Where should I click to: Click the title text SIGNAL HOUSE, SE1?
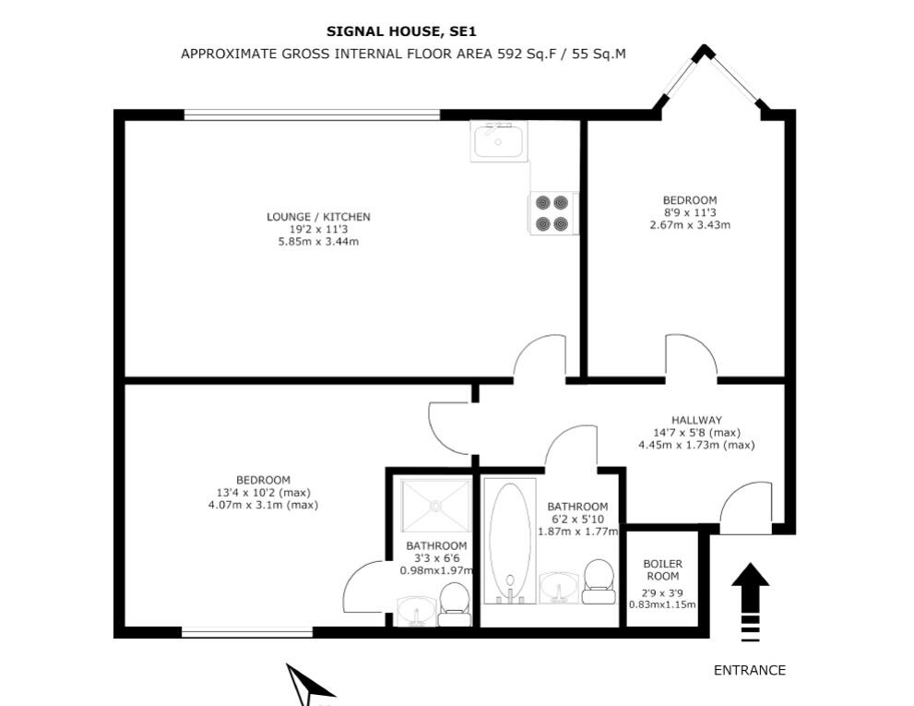[x=401, y=31]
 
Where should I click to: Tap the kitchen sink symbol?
[x=498, y=141]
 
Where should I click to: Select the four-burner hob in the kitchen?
[x=552, y=213]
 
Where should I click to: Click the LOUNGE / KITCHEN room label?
[x=318, y=217]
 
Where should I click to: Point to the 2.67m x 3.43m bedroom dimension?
[x=690, y=224]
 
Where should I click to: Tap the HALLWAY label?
[x=696, y=420]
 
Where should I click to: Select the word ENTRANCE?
[x=750, y=671]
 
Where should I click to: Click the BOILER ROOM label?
[x=662, y=569]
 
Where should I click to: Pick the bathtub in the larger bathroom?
[x=508, y=538]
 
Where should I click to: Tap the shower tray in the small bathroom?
[x=436, y=505]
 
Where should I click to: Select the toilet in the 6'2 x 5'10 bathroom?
[x=599, y=581]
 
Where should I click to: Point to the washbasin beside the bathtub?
[x=557, y=585]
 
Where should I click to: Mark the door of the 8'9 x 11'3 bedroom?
[x=691, y=358]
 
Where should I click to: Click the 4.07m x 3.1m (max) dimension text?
[x=263, y=505]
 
